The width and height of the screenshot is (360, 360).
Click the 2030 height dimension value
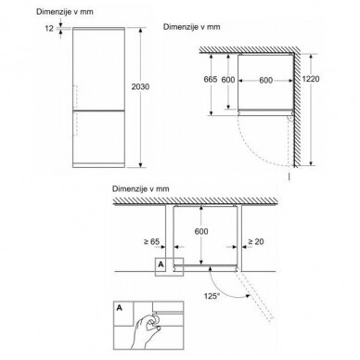point(140,86)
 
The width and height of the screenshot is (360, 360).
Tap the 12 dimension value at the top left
point(49,29)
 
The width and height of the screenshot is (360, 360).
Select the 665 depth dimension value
point(211,80)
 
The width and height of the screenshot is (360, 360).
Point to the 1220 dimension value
point(311,79)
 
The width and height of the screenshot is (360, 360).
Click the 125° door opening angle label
point(212,296)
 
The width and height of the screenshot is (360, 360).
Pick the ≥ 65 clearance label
point(151,241)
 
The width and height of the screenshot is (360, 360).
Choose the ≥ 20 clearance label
point(256,241)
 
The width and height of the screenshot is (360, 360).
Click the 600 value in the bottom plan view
point(201,231)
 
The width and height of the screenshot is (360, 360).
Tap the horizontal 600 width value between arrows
point(265,80)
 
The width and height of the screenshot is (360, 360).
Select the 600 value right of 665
point(228,80)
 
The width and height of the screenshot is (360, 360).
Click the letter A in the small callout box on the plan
point(161,264)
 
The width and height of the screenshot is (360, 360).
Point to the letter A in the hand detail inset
point(119,308)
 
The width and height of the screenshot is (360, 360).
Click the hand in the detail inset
point(145,330)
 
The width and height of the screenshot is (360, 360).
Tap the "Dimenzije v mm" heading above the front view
point(65,12)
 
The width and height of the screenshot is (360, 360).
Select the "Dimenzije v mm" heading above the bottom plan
point(141,188)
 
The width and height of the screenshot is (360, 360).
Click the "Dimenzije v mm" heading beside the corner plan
point(192,27)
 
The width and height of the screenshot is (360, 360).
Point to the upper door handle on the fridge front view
point(74,96)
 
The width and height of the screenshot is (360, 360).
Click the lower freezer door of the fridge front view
point(98,136)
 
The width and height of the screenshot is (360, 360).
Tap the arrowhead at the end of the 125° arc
point(248,296)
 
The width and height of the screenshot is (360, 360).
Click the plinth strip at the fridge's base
point(98,165)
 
